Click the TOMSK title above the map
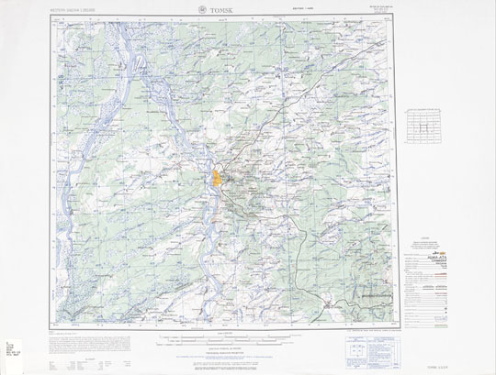[219, 11]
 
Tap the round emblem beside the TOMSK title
[197, 11]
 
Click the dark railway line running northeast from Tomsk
[276, 128]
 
